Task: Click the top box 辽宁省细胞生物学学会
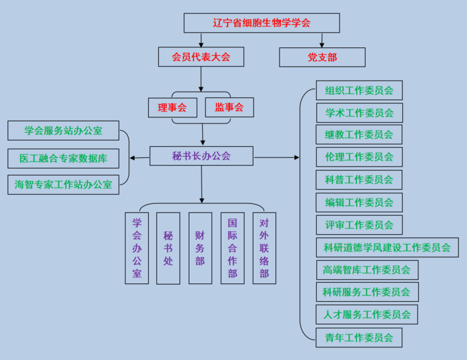click(262, 23)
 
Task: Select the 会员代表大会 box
click(201, 57)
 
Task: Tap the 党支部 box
click(322, 57)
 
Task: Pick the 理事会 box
click(172, 107)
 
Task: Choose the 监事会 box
click(229, 107)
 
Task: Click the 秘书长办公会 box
click(201, 156)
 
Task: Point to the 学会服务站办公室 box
click(63, 131)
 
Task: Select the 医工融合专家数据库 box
click(63, 159)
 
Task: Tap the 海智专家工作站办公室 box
click(63, 185)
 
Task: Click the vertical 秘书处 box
click(168, 248)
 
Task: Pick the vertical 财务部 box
click(200, 248)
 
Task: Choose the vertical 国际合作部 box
click(232, 248)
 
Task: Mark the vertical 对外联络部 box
click(264, 248)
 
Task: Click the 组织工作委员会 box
click(359, 90)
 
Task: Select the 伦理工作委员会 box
click(359, 157)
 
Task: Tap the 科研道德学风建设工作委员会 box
click(387, 247)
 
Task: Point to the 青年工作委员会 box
click(359, 337)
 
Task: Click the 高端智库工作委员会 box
click(367, 270)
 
